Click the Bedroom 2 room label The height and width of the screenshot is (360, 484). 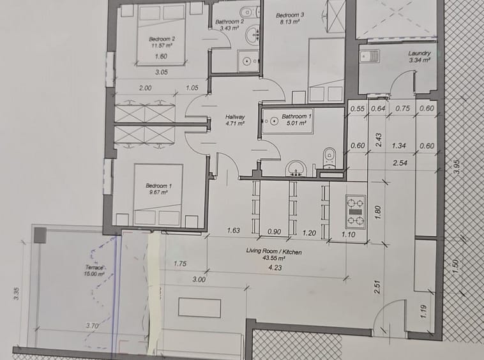(x=162, y=39)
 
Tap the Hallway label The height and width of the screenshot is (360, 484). (x=235, y=117)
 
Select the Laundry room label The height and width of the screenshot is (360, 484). (x=419, y=54)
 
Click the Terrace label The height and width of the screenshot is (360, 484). (x=95, y=267)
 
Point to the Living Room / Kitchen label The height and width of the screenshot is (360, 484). (x=274, y=251)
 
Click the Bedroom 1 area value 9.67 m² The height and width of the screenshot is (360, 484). (x=158, y=192)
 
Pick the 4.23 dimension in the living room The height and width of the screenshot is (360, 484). (x=275, y=267)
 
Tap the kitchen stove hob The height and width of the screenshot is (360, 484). (x=355, y=212)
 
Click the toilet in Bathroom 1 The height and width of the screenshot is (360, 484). (x=329, y=158)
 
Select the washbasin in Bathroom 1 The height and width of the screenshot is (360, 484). (x=296, y=169)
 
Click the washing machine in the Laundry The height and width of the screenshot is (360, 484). (x=370, y=56)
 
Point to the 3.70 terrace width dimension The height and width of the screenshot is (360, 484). (x=92, y=325)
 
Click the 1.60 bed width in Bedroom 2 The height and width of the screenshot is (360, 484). (x=161, y=56)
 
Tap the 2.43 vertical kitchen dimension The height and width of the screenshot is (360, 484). (x=379, y=140)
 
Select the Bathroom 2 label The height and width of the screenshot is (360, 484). (x=230, y=22)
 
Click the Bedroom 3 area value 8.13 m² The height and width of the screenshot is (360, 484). (x=290, y=22)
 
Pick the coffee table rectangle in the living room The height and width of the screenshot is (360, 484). (x=200, y=308)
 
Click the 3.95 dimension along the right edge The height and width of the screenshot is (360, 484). (x=457, y=167)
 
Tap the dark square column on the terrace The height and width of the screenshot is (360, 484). (x=40, y=236)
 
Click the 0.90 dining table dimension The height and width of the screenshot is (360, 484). (x=274, y=232)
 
